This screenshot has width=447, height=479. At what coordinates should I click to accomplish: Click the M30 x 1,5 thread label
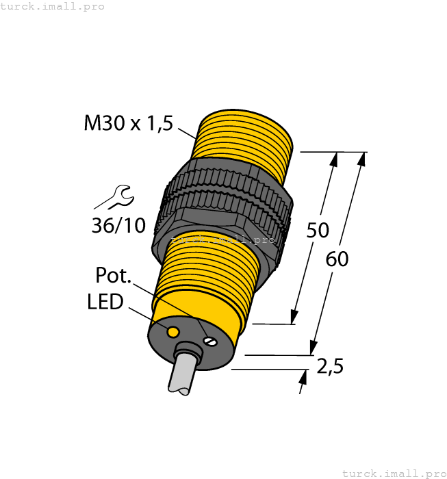[x=128, y=124]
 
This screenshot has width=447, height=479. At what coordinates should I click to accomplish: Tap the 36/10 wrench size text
[x=118, y=224]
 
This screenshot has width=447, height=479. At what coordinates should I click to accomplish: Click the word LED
[x=105, y=302]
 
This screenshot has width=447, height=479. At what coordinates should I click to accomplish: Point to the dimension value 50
[x=318, y=231]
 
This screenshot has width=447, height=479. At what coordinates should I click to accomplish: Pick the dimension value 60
[x=337, y=259]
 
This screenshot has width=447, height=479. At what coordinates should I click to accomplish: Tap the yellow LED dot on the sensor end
[x=173, y=333]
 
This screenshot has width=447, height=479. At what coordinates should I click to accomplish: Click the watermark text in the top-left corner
[x=52, y=6]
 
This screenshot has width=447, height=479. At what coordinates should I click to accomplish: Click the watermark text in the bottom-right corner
[x=393, y=473]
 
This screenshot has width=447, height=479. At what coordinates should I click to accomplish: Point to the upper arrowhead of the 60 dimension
[x=361, y=159]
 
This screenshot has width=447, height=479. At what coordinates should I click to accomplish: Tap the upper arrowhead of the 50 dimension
[x=335, y=159]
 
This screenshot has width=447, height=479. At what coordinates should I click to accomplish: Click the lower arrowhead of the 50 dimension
[x=294, y=317]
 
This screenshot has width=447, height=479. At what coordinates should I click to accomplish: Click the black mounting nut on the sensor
[x=226, y=198]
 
